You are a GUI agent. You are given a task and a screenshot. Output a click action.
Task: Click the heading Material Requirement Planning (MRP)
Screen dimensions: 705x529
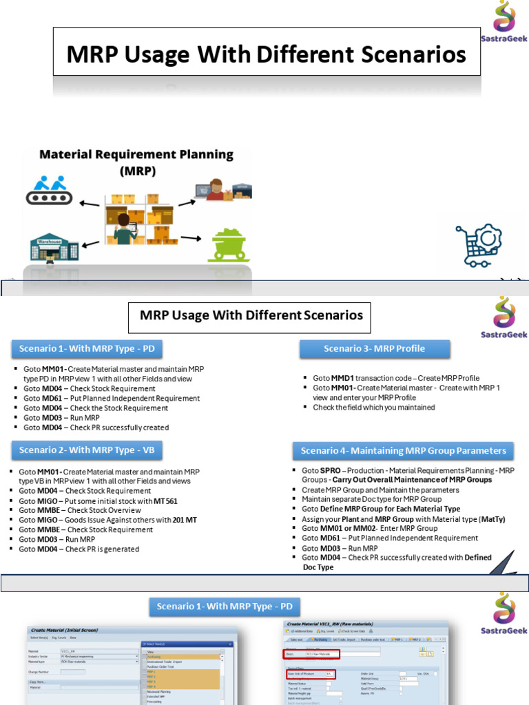point(136,162)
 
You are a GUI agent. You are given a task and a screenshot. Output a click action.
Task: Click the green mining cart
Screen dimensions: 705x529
point(230,244)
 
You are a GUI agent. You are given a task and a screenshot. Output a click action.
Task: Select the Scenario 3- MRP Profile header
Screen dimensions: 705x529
point(374,349)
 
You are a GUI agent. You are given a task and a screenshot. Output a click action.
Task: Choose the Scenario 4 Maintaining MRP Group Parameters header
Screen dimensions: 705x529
point(403,451)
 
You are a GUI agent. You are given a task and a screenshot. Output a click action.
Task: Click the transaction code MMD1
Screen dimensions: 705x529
point(344,378)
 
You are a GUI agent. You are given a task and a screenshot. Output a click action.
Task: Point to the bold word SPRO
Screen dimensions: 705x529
point(331,470)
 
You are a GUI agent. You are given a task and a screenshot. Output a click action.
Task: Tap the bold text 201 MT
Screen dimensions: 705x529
point(185,520)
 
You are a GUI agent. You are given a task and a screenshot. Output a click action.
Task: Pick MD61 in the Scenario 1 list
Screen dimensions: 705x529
point(52,398)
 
